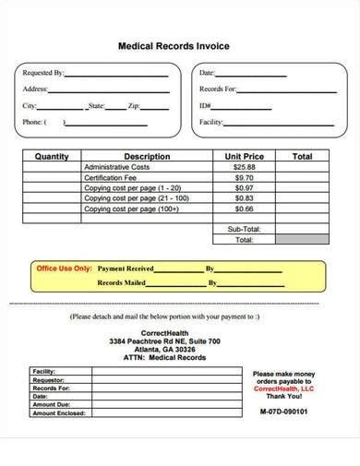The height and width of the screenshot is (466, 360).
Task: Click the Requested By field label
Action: pyautogui.click(x=43, y=72)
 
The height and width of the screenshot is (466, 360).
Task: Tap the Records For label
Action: pyautogui.click(x=218, y=90)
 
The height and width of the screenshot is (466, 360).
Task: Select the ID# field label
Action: pyautogui.click(x=205, y=106)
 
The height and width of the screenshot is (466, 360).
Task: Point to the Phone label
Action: pyautogui.click(x=32, y=123)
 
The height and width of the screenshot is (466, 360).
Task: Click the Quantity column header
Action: pyautogui.click(x=52, y=157)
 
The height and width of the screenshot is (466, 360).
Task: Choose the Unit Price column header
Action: pyautogui.click(x=245, y=157)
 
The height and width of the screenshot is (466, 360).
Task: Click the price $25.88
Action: pyautogui.click(x=245, y=167)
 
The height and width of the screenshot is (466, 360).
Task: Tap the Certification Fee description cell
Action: pyautogui.click(x=112, y=177)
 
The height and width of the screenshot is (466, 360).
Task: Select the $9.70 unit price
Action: pyautogui.click(x=245, y=177)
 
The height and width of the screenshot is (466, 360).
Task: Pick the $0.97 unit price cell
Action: pyautogui.click(x=245, y=188)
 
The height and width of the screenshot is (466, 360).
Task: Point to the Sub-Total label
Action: pyautogui.click(x=244, y=229)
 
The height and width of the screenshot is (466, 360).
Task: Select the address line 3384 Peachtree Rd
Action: pyautogui.click(x=164, y=341)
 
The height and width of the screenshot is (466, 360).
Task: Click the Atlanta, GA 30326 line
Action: pyautogui.click(x=164, y=351)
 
